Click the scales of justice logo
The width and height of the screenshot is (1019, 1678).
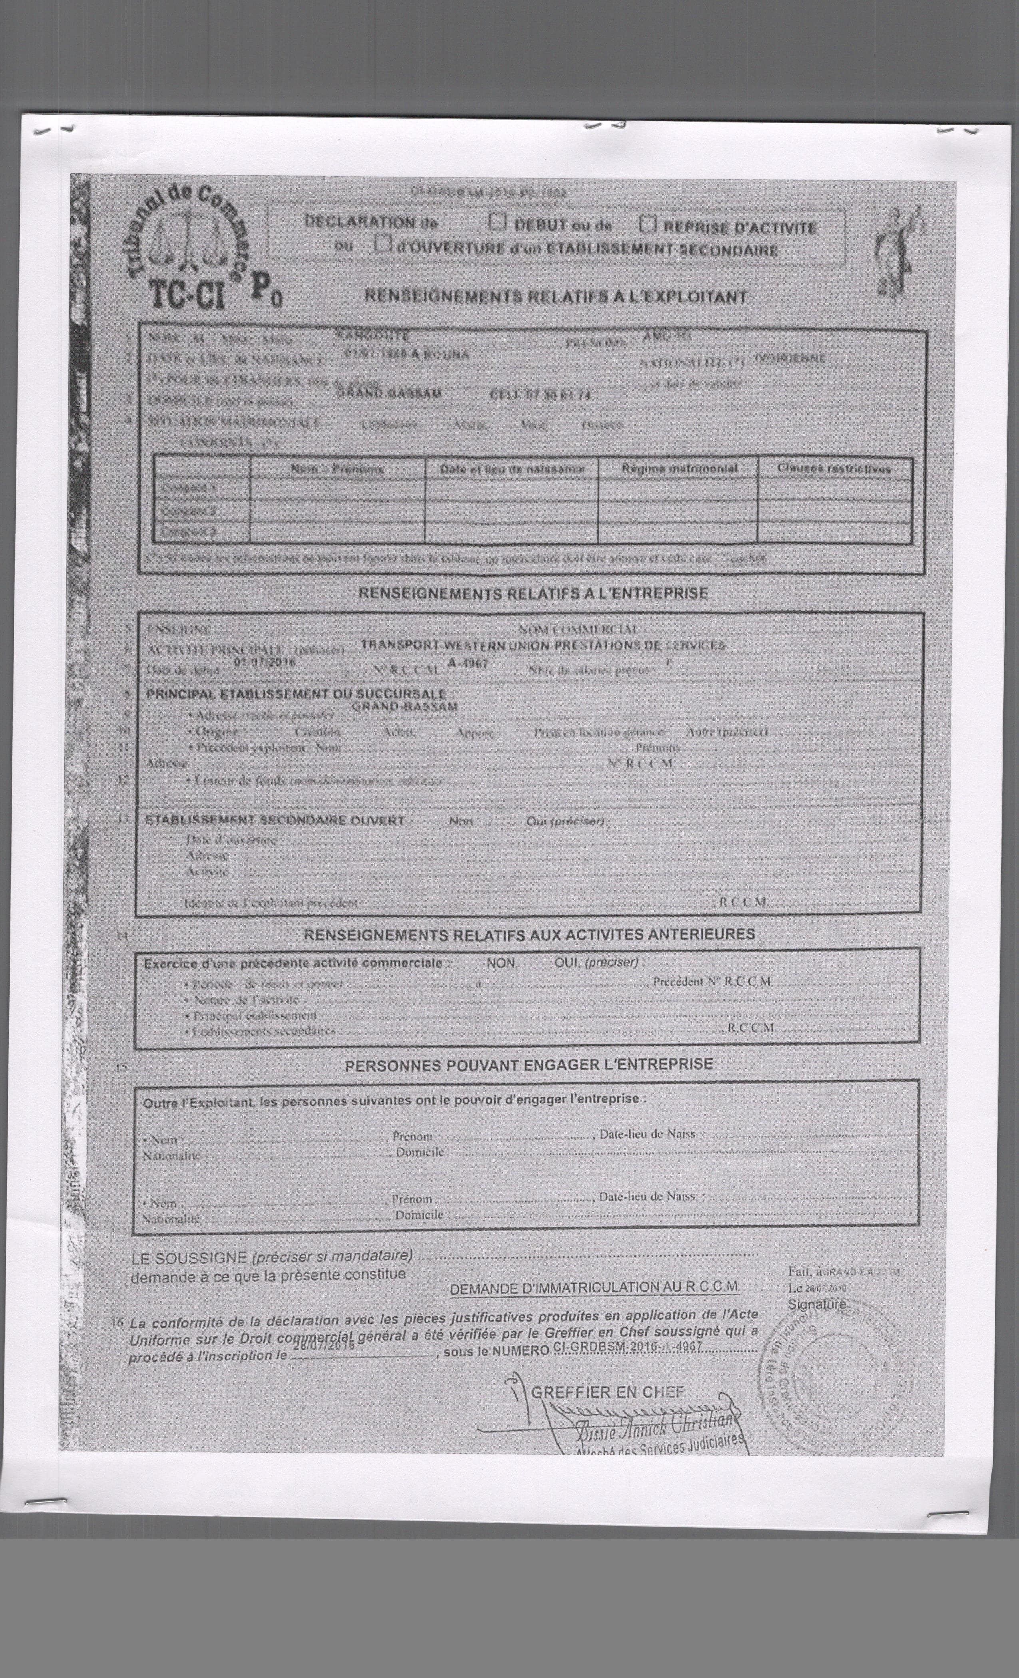pos(187,242)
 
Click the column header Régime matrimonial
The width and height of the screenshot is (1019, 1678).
pos(679,469)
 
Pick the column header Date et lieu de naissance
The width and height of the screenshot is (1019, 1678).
pos(511,469)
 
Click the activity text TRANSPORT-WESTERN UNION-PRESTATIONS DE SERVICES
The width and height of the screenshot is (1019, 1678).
pos(542,645)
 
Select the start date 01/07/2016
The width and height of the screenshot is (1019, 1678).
pos(264,660)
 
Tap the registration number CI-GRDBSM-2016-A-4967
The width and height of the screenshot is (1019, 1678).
pos(628,1347)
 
